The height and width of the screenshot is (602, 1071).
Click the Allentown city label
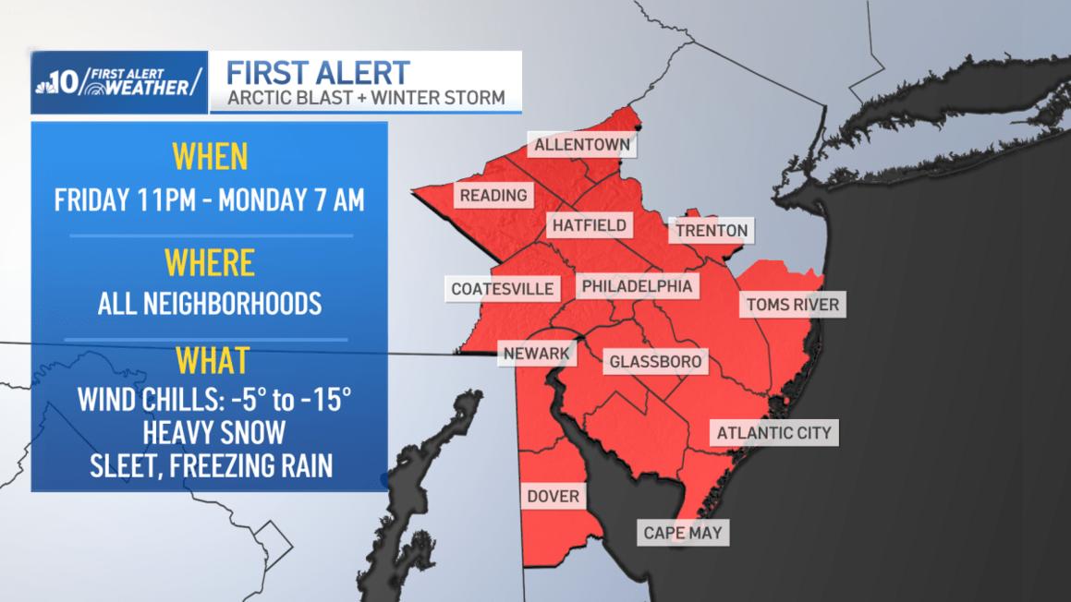[x=582, y=145]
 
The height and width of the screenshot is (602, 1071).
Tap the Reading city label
[x=493, y=195]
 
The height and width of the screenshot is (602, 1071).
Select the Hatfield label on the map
[x=590, y=225]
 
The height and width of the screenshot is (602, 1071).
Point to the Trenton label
[x=711, y=230]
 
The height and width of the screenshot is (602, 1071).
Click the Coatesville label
[x=502, y=289]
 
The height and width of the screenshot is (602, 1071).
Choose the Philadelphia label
[x=637, y=286]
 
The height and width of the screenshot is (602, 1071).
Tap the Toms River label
[x=793, y=305]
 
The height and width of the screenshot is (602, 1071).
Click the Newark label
[x=537, y=353]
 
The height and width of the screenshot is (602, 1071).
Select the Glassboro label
[x=655, y=361]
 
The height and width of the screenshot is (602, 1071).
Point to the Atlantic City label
[x=774, y=432]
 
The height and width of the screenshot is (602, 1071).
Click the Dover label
[x=553, y=497]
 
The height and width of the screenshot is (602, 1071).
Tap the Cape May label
[x=683, y=533]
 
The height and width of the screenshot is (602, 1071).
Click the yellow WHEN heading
[x=209, y=157]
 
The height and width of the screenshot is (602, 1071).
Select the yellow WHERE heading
[x=209, y=263]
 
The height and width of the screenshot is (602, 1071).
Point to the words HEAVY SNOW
[x=209, y=432]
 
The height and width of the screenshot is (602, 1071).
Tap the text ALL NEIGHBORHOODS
[x=209, y=303]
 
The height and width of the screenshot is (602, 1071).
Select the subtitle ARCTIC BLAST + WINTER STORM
[x=366, y=97]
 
